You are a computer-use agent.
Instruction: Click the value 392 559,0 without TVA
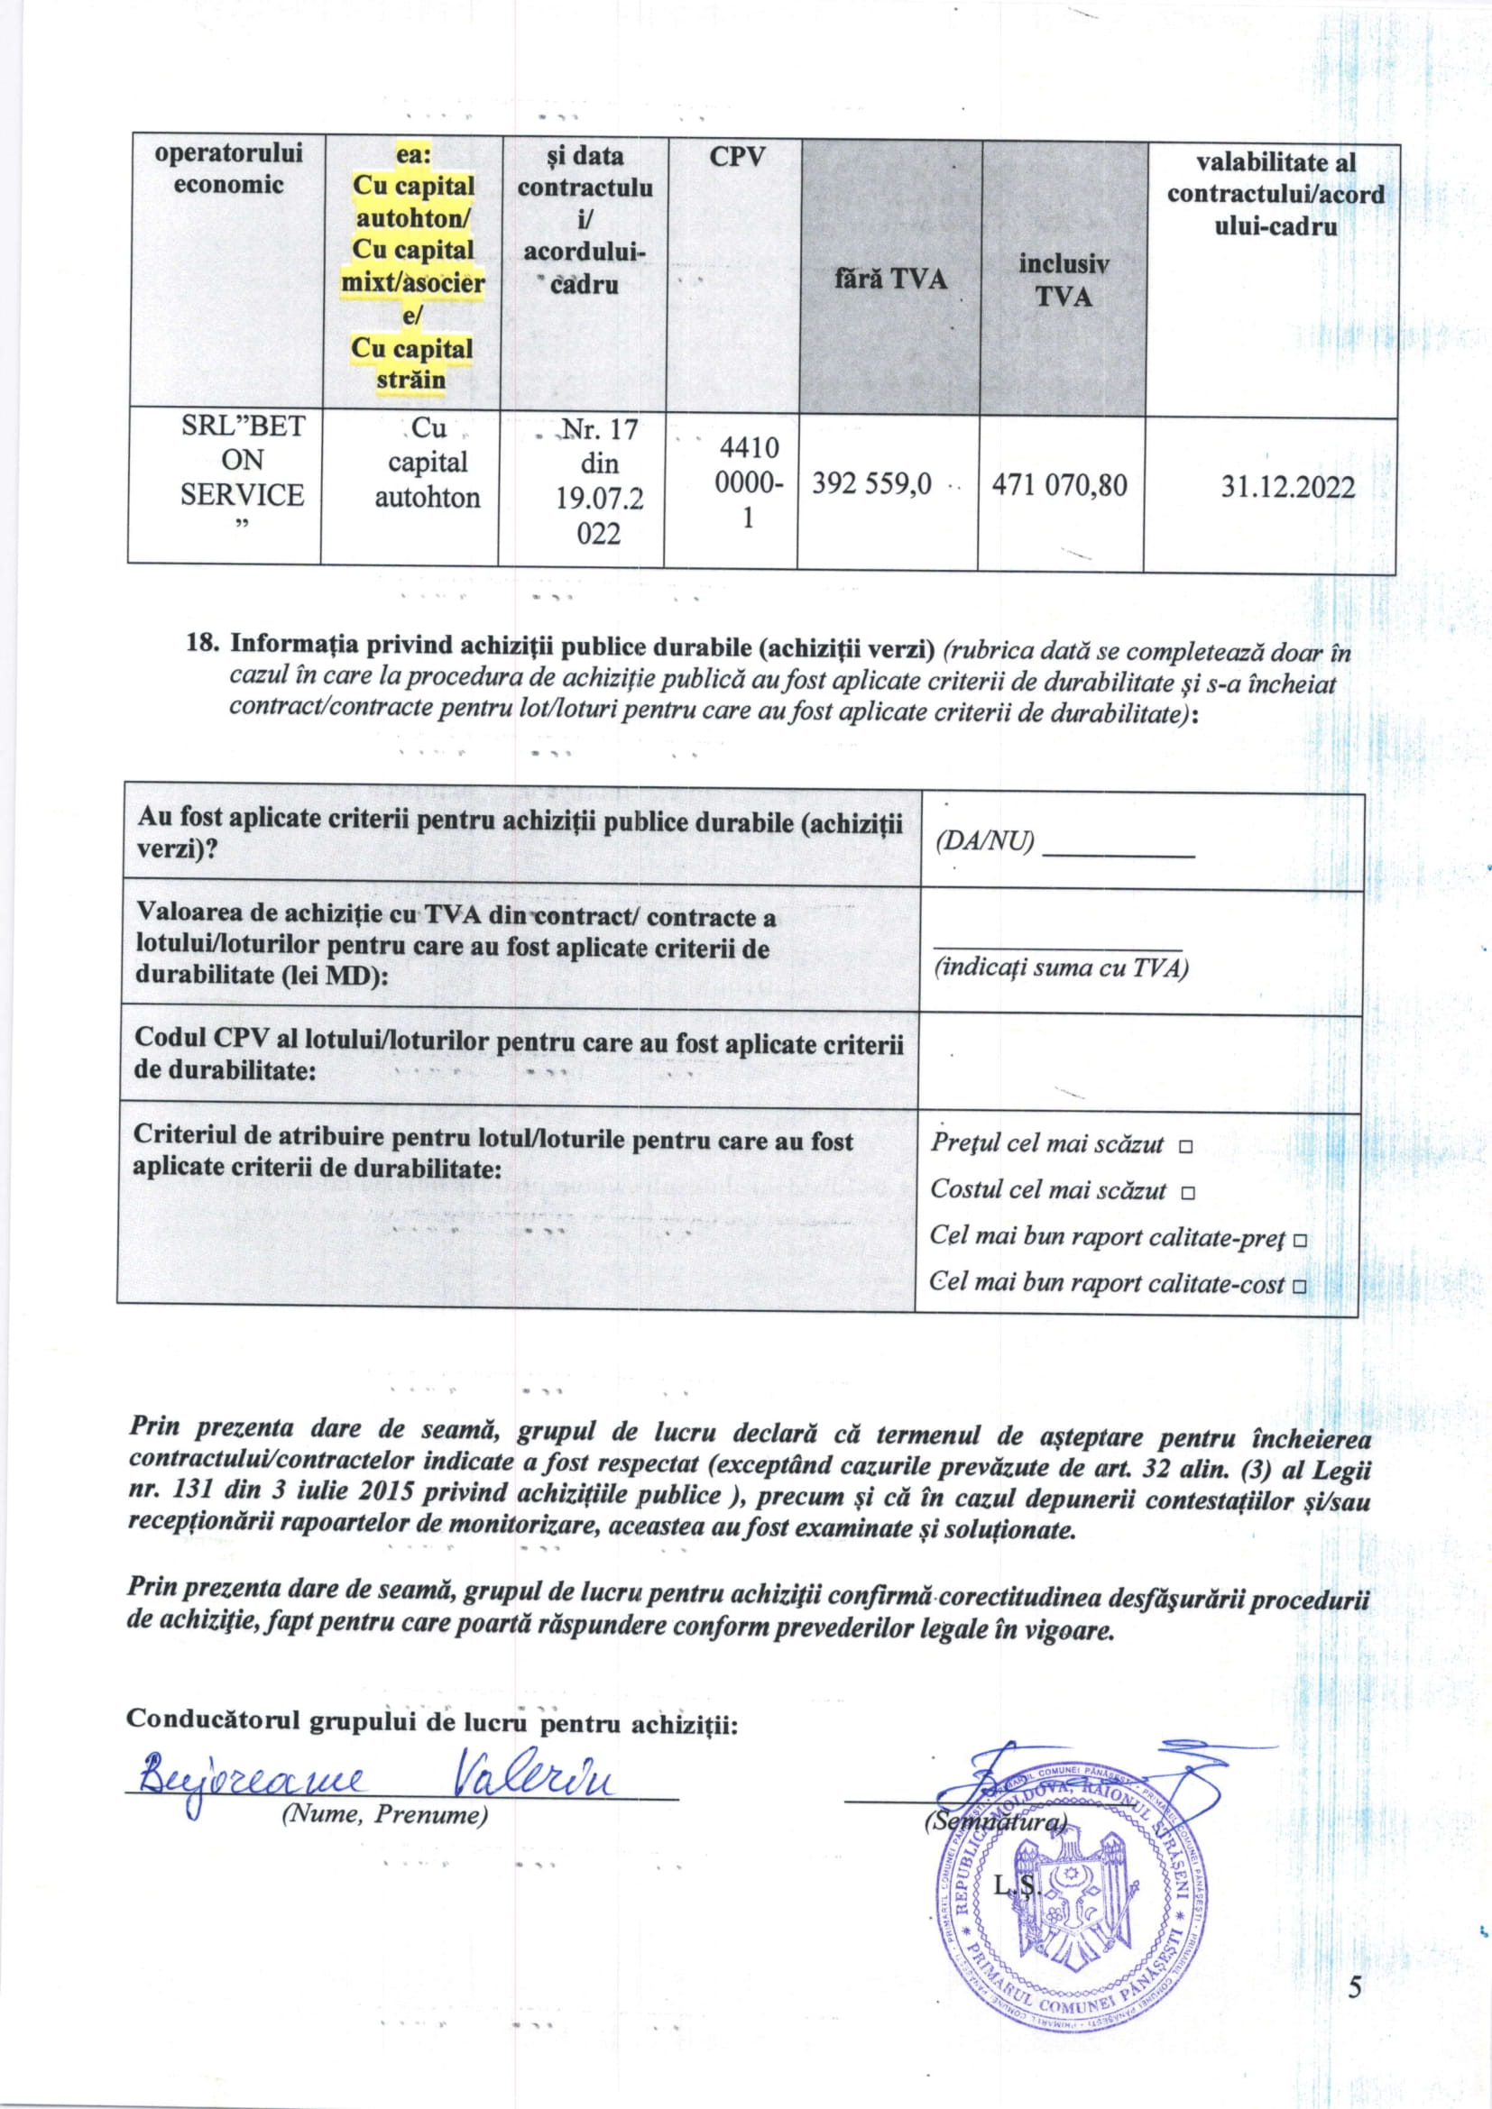(871, 485)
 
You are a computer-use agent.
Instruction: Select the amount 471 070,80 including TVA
(1059, 485)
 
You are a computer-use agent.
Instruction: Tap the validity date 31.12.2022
(1287, 487)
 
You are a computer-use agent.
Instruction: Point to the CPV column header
(737, 157)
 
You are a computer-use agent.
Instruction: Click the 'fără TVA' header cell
(889, 279)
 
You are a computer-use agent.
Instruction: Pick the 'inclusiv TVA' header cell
(1063, 280)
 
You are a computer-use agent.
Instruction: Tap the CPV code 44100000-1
(750, 482)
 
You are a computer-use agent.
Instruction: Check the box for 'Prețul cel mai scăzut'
(1185, 1147)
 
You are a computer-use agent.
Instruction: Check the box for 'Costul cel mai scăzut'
(1188, 1193)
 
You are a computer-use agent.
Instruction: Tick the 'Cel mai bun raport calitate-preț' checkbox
(1299, 1240)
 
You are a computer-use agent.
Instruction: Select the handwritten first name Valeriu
(533, 1780)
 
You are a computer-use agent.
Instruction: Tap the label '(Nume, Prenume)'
(384, 1815)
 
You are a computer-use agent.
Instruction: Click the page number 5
(1355, 1988)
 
